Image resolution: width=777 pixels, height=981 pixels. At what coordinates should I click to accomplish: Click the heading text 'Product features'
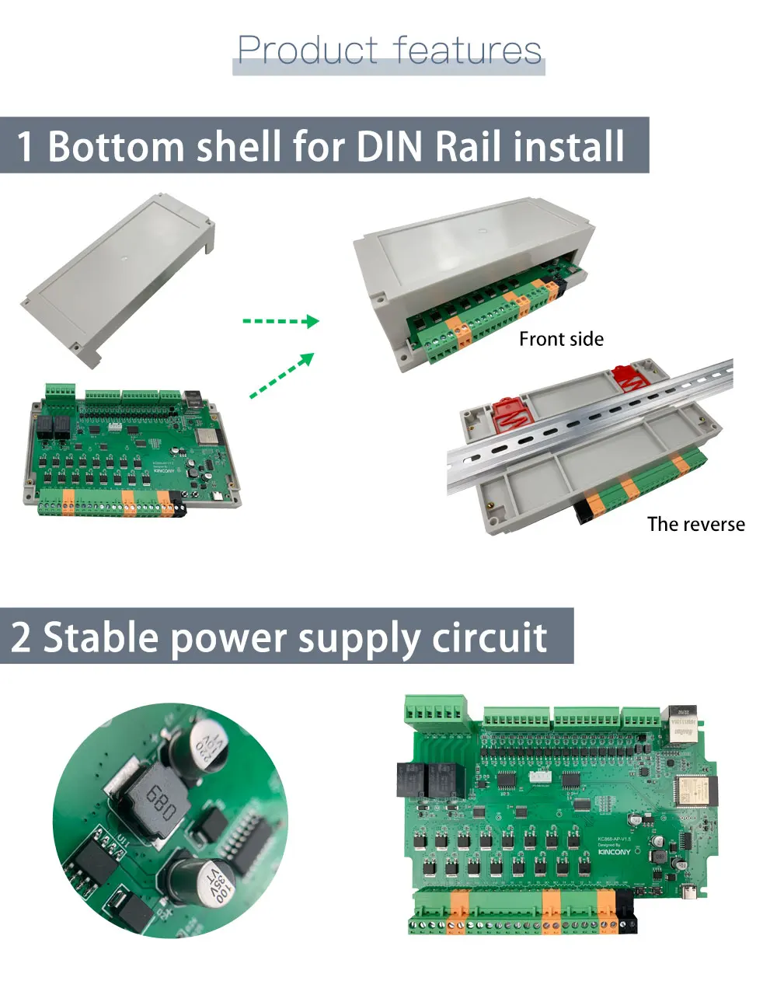388,51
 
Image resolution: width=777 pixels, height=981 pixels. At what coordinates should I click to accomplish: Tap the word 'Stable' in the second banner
100,637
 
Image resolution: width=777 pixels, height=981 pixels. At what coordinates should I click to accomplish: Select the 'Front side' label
561,339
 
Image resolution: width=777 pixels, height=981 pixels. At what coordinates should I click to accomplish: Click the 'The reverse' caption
695,525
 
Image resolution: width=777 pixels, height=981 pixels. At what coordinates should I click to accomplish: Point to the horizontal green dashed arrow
280,321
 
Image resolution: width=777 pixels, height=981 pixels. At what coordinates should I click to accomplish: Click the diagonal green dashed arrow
282,375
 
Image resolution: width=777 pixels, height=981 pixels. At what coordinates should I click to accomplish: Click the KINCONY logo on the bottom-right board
615,852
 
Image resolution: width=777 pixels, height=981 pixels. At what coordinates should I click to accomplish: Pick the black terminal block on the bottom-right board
626,914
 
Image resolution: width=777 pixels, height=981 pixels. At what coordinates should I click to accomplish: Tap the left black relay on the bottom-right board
410,780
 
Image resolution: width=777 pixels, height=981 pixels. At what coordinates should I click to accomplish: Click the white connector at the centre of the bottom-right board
541,777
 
